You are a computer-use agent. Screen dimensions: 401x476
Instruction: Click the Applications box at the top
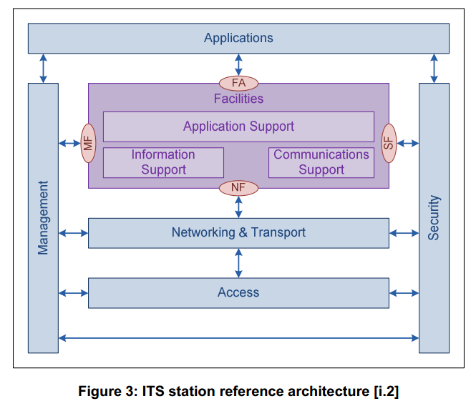pyautogui.click(x=238, y=39)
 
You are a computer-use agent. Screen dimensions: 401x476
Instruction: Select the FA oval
pyautogui.click(x=238, y=83)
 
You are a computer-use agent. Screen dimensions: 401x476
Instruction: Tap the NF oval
pyautogui.click(x=238, y=188)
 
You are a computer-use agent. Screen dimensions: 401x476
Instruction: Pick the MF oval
pyautogui.click(x=88, y=144)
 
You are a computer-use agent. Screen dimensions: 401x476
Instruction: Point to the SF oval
pyautogui.click(x=389, y=144)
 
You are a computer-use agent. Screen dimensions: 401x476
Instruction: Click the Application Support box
pyautogui.click(x=238, y=127)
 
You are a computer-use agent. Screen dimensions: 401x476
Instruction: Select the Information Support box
pyautogui.click(x=163, y=162)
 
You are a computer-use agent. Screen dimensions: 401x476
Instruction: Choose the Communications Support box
pyautogui.click(x=321, y=162)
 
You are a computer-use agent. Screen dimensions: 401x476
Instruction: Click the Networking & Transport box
pyautogui.click(x=238, y=233)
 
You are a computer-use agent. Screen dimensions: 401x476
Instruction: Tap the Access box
pyautogui.click(x=238, y=292)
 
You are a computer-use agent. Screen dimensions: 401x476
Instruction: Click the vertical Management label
pyautogui.click(x=43, y=218)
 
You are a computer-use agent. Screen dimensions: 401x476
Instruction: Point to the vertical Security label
pyautogui.click(x=434, y=218)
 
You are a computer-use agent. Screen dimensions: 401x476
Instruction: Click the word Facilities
pyautogui.click(x=238, y=99)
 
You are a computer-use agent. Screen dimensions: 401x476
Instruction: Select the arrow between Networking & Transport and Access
pyautogui.click(x=238, y=263)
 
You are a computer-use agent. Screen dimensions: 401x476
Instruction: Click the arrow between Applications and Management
pyautogui.click(x=43, y=68)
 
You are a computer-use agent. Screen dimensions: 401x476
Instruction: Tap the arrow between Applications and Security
pyautogui.click(x=434, y=68)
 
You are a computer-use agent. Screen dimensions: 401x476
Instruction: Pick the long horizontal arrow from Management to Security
pyautogui.click(x=238, y=337)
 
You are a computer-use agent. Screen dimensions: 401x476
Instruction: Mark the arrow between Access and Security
pyautogui.click(x=404, y=292)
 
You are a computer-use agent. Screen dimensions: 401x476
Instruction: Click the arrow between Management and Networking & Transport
pyautogui.click(x=73, y=233)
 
